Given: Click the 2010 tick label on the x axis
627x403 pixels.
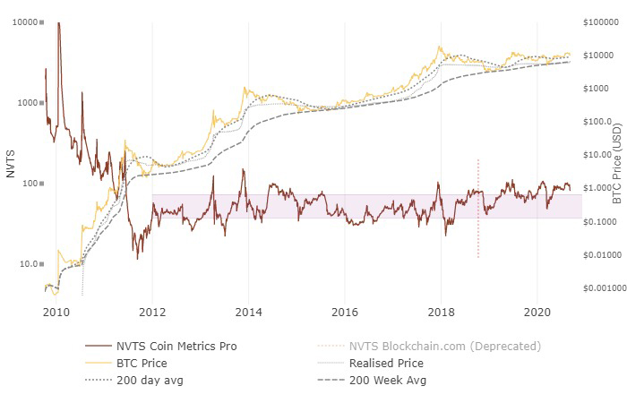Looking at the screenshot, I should pyautogui.click(x=56, y=312).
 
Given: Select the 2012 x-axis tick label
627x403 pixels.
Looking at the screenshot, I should pyautogui.click(x=152, y=312).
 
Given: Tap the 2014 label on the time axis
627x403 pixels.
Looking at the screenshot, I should pyautogui.click(x=248, y=312).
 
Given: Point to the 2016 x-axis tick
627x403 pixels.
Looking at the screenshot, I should pyautogui.click(x=345, y=312).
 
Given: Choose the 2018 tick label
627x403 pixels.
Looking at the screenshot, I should pyautogui.click(x=441, y=312).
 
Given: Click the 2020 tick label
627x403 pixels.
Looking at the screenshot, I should pyautogui.click(x=537, y=312).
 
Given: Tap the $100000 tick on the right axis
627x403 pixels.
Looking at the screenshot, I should pyautogui.click(x=603, y=21).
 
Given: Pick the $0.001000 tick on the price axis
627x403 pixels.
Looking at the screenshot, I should pyautogui.click(x=601, y=288).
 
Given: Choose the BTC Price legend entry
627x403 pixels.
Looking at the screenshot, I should pyautogui.click(x=142, y=363).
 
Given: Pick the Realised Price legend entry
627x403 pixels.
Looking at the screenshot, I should pyautogui.click(x=386, y=363).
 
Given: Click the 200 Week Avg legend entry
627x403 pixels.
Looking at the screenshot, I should pyautogui.click(x=388, y=380).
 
